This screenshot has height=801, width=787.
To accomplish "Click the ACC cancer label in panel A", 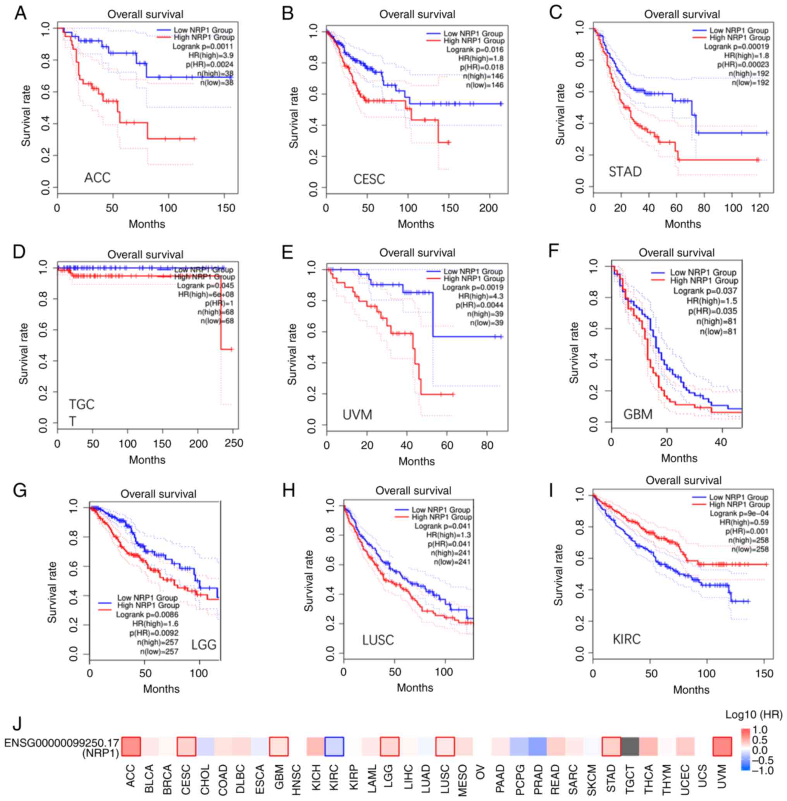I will pos(98,178).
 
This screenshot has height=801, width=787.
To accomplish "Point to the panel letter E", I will pos(288,253).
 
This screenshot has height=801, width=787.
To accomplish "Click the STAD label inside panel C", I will pos(625,171).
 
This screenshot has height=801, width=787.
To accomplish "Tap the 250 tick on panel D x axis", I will pos(234,444).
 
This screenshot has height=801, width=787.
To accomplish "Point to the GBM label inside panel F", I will pos(638,414).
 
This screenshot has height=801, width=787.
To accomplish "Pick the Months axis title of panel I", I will pos(691,689).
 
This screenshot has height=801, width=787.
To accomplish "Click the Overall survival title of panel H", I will pos(413,491).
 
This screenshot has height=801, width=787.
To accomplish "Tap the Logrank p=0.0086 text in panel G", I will pos(147,615).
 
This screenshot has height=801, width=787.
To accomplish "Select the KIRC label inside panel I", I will pos(627,639).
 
